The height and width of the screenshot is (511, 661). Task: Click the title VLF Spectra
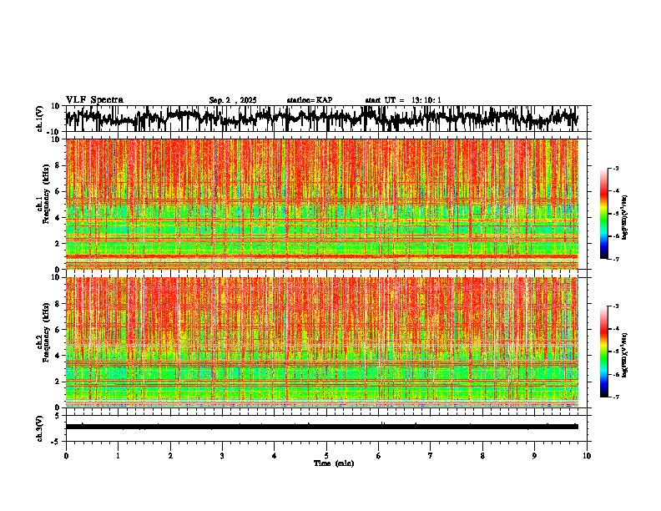[94, 99]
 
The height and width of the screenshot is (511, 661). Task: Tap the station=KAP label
[309, 100]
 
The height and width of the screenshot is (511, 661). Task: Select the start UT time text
[403, 100]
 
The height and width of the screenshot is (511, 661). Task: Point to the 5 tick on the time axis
[326, 455]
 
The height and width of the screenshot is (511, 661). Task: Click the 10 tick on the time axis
[587, 455]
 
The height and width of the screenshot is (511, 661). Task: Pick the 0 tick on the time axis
[66, 455]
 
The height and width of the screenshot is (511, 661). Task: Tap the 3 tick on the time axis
[222, 455]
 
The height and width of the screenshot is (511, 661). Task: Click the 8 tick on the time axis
[482, 455]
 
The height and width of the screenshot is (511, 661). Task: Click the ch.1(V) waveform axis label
[39, 119]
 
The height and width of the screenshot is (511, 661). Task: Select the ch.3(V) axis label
[39, 427]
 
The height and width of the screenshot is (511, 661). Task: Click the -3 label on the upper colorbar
[615, 169]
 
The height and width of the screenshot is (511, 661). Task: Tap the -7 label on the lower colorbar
[615, 397]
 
